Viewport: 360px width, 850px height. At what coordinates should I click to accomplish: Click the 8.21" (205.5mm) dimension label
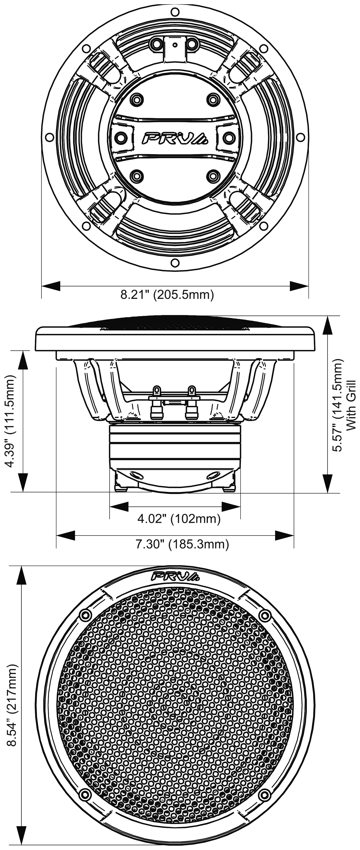coord(167,294)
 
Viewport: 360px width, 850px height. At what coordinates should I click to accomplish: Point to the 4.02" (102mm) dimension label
coord(179,519)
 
